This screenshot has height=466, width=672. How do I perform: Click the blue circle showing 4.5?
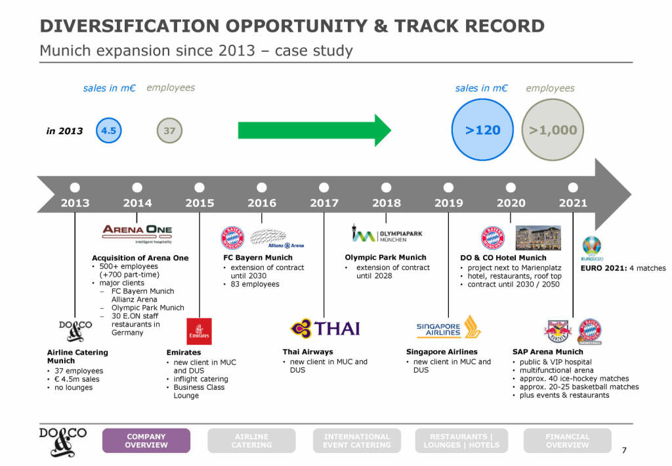[108, 130]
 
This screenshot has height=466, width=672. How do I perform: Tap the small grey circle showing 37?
[169, 130]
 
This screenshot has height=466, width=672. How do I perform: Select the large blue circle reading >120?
[482, 130]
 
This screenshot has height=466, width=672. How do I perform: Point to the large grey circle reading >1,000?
[553, 130]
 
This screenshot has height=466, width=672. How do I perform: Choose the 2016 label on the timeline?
[261, 203]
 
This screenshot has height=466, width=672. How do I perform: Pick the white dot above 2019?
[448, 187]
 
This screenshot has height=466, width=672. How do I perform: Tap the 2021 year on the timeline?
[572, 203]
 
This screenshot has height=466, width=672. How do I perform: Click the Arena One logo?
[137, 233]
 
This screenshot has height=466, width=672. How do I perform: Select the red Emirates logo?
[199, 331]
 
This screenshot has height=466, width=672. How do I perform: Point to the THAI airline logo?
[325, 327]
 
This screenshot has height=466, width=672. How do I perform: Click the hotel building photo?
[538, 239]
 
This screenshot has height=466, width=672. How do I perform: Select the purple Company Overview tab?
[146, 440]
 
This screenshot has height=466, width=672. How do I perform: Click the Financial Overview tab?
[567, 440]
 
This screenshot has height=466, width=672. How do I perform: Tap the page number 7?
[623, 450]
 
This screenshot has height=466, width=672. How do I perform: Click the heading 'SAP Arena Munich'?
[547, 352]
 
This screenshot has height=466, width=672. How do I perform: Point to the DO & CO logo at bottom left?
[62, 440]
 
